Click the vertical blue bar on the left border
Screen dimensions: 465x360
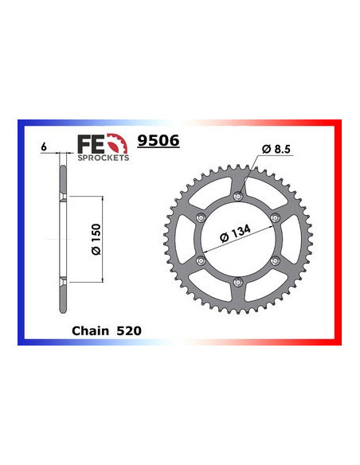pos(21,239)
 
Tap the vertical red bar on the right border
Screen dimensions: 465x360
pos(338,239)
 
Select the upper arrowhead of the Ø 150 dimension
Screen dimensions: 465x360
pos(102,197)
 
